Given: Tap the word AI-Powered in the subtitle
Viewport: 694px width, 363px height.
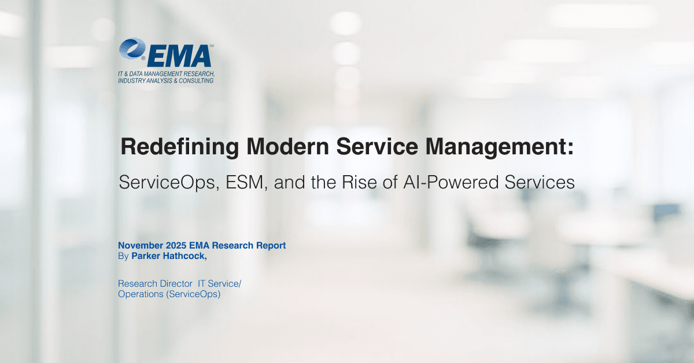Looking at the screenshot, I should coord(455,183).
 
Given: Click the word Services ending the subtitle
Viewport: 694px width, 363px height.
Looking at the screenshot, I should coord(544,183).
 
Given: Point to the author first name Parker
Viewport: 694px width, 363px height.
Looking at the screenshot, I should coord(146,255).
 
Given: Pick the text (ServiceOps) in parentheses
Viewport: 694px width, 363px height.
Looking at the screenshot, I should coord(193,294).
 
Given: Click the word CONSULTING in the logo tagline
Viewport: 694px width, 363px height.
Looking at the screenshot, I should coord(194,81).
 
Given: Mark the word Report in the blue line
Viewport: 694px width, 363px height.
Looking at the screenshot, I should coord(271,246).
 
